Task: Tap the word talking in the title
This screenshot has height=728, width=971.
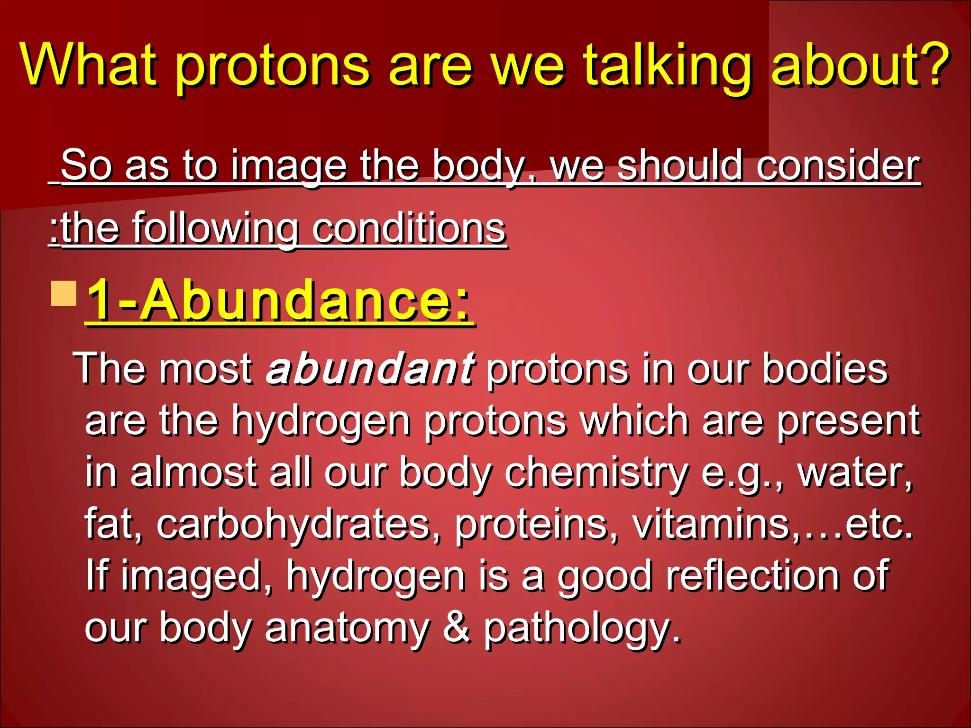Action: coord(666,66)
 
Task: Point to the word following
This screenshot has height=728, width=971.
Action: coord(214,229)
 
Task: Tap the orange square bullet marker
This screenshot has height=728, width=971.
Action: coord(64,293)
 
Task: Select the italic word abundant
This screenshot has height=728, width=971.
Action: coord(370,368)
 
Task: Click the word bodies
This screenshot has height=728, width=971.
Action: coord(824,368)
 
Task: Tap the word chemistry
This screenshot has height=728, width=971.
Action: coord(596,473)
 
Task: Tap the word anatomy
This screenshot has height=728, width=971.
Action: coord(347,628)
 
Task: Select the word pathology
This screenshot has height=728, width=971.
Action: coord(581,628)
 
